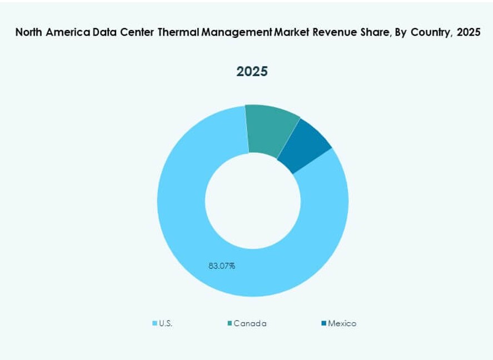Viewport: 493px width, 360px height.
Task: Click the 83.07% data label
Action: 222,266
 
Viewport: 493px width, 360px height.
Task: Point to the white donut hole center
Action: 252,201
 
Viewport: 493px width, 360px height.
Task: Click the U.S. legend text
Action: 166,323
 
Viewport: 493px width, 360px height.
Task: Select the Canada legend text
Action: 250,323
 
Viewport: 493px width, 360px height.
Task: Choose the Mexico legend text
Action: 342,323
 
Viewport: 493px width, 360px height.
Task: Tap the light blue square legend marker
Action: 155,323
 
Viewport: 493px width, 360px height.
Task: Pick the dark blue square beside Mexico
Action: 323,323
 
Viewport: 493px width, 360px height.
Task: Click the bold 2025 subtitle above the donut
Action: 252,72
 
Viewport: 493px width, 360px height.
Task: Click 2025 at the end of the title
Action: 468,32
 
